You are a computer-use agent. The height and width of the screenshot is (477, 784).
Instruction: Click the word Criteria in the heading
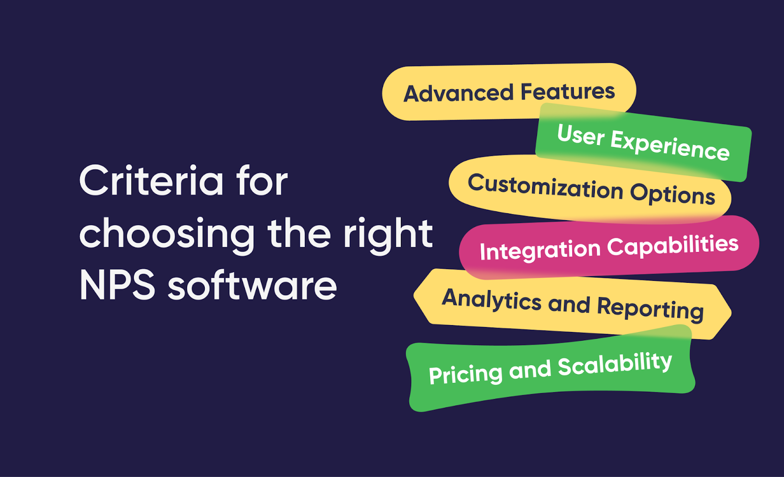click(151, 181)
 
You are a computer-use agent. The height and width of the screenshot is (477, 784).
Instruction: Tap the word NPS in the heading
click(117, 286)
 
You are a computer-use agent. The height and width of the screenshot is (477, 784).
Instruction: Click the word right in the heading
click(388, 234)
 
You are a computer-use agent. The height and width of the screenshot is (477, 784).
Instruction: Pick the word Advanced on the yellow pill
click(458, 93)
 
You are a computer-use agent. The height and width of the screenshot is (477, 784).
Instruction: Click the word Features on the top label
click(567, 92)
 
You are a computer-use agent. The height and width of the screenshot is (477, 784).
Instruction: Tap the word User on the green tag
click(581, 135)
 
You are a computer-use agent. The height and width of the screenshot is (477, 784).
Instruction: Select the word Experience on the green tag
click(670, 146)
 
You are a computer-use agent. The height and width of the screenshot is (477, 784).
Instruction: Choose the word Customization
click(545, 187)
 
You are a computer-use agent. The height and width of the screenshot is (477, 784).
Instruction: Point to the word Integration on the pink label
click(540, 251)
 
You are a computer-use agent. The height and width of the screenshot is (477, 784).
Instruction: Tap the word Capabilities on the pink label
click(673, 246)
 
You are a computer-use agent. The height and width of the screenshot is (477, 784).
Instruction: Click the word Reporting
click(650, 308)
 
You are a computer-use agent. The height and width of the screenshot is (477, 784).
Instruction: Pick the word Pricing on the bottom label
click(465, 375)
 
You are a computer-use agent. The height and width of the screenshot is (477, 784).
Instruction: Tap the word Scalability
click(614, 364)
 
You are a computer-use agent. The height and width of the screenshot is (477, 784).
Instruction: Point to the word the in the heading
click(299, 234)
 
